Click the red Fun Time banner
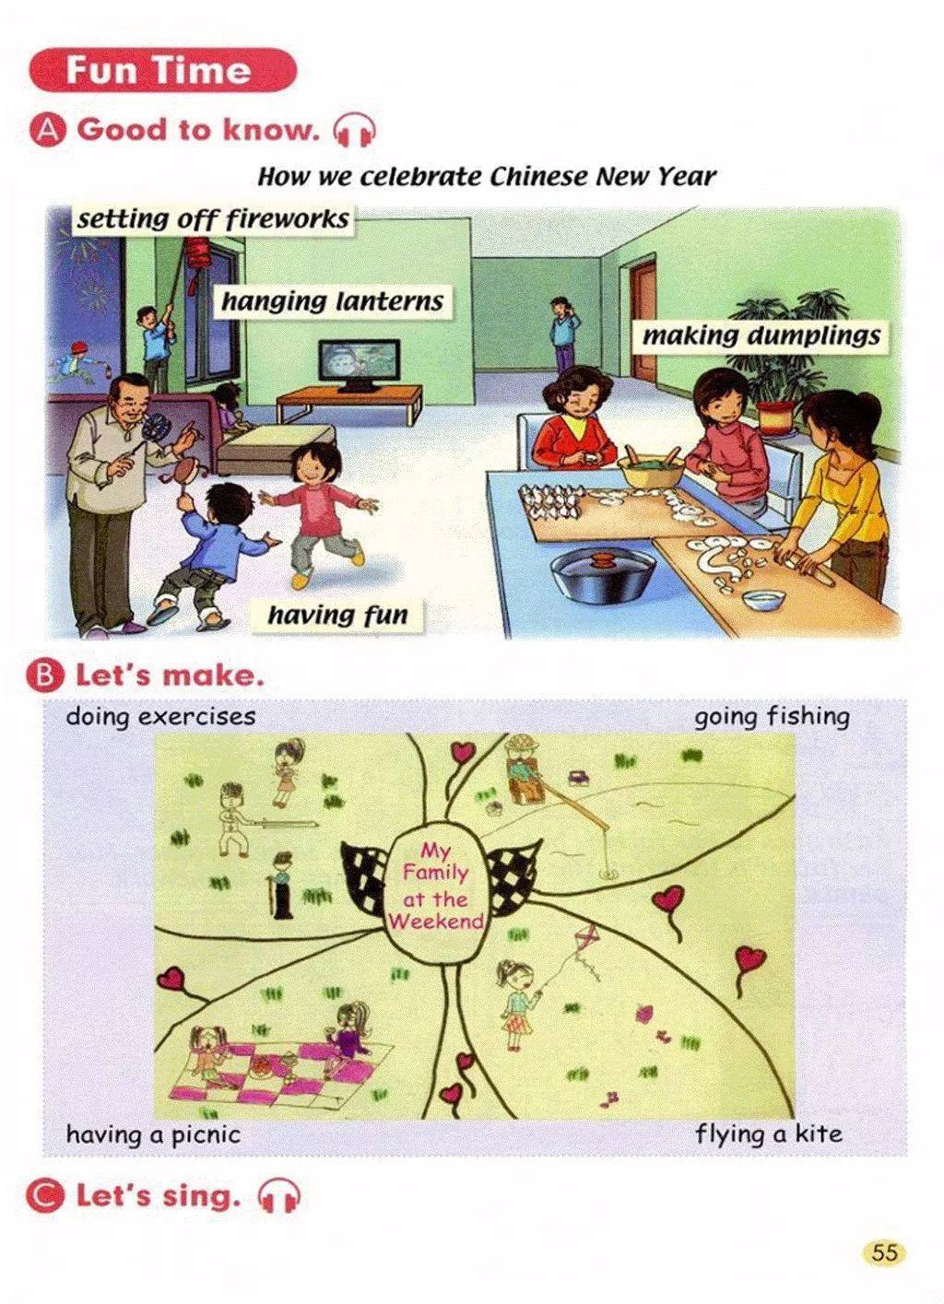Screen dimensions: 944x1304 click(x=162, y=70)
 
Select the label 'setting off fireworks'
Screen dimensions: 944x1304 click(x=213, y=219)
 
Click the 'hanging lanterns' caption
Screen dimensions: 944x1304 click(x=333, y=301)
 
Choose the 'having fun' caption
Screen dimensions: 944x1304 click(x=337, y=615)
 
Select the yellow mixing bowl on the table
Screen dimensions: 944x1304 click(x=652, y=470)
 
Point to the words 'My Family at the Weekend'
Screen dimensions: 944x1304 click(x=437, y=887)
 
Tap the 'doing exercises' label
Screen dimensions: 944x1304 click(x=160, y=717)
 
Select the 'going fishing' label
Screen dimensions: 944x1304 click(x=772, y=717)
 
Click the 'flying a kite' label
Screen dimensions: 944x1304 click(x=769, y=1134)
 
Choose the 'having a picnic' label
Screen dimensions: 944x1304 click(x=153, y=1134)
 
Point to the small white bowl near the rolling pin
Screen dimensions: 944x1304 click(x=763, y=599)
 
